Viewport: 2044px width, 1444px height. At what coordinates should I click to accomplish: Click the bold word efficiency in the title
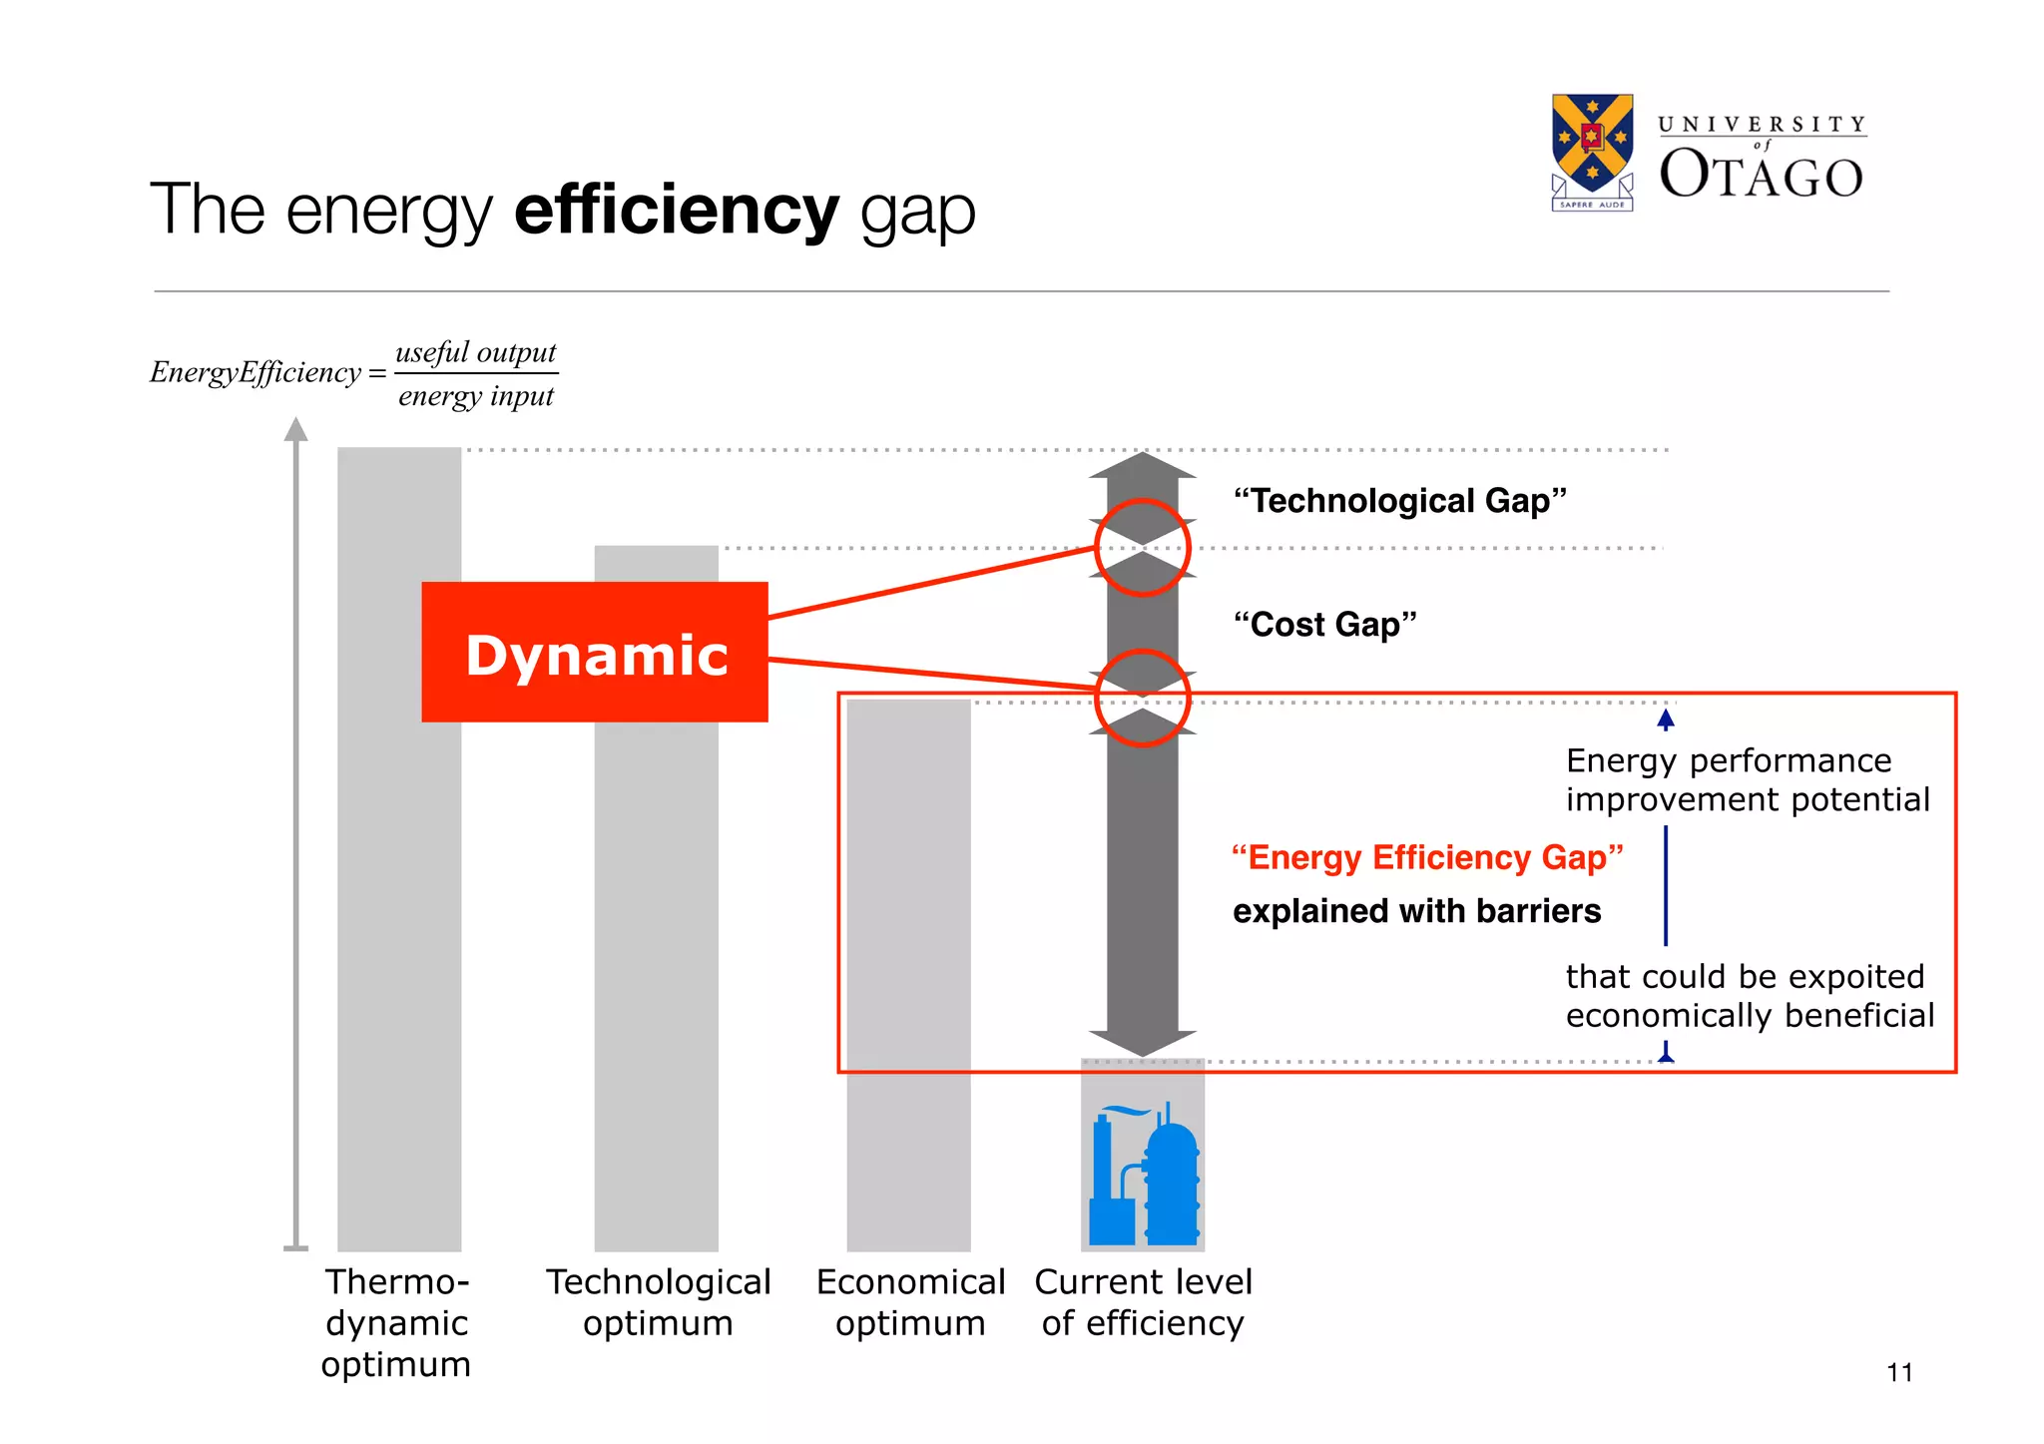[x=676, y=211]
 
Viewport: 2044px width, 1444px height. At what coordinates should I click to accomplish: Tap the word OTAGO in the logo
[x=1761, y=176]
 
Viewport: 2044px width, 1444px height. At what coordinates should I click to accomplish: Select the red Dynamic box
[x=595, y=653]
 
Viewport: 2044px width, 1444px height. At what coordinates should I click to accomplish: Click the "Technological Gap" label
[x=1399, y=501]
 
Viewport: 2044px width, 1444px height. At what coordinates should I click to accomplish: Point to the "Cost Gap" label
[x=1324, y=625]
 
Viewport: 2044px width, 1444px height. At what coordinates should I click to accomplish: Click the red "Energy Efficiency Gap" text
[x=1426, y=857]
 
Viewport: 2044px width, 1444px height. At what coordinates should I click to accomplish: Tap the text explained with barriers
[x=1416, y=911]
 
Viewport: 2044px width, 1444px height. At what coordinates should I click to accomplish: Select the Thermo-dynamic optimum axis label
[x=396, y=1322]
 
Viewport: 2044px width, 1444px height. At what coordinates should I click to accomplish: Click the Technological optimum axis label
[x=658, y=1302]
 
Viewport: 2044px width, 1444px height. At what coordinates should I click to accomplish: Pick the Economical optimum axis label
[x=910, y=1302]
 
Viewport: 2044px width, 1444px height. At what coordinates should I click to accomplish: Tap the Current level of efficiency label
[x=1143, y=1302]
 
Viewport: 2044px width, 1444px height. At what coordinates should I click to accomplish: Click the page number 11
[x=1899, y=1373]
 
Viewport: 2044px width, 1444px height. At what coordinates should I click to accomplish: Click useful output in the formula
[x=475, y=352]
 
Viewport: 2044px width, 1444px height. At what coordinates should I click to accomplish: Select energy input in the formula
[x=475, y=396]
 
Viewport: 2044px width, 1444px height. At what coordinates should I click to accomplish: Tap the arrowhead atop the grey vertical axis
[x=295, y=430]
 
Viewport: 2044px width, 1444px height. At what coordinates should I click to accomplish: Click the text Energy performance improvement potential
[x=1747, y=780]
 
